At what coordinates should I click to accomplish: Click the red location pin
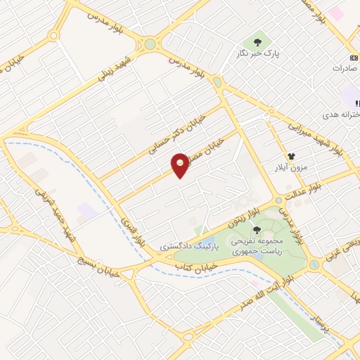pos(181,164)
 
